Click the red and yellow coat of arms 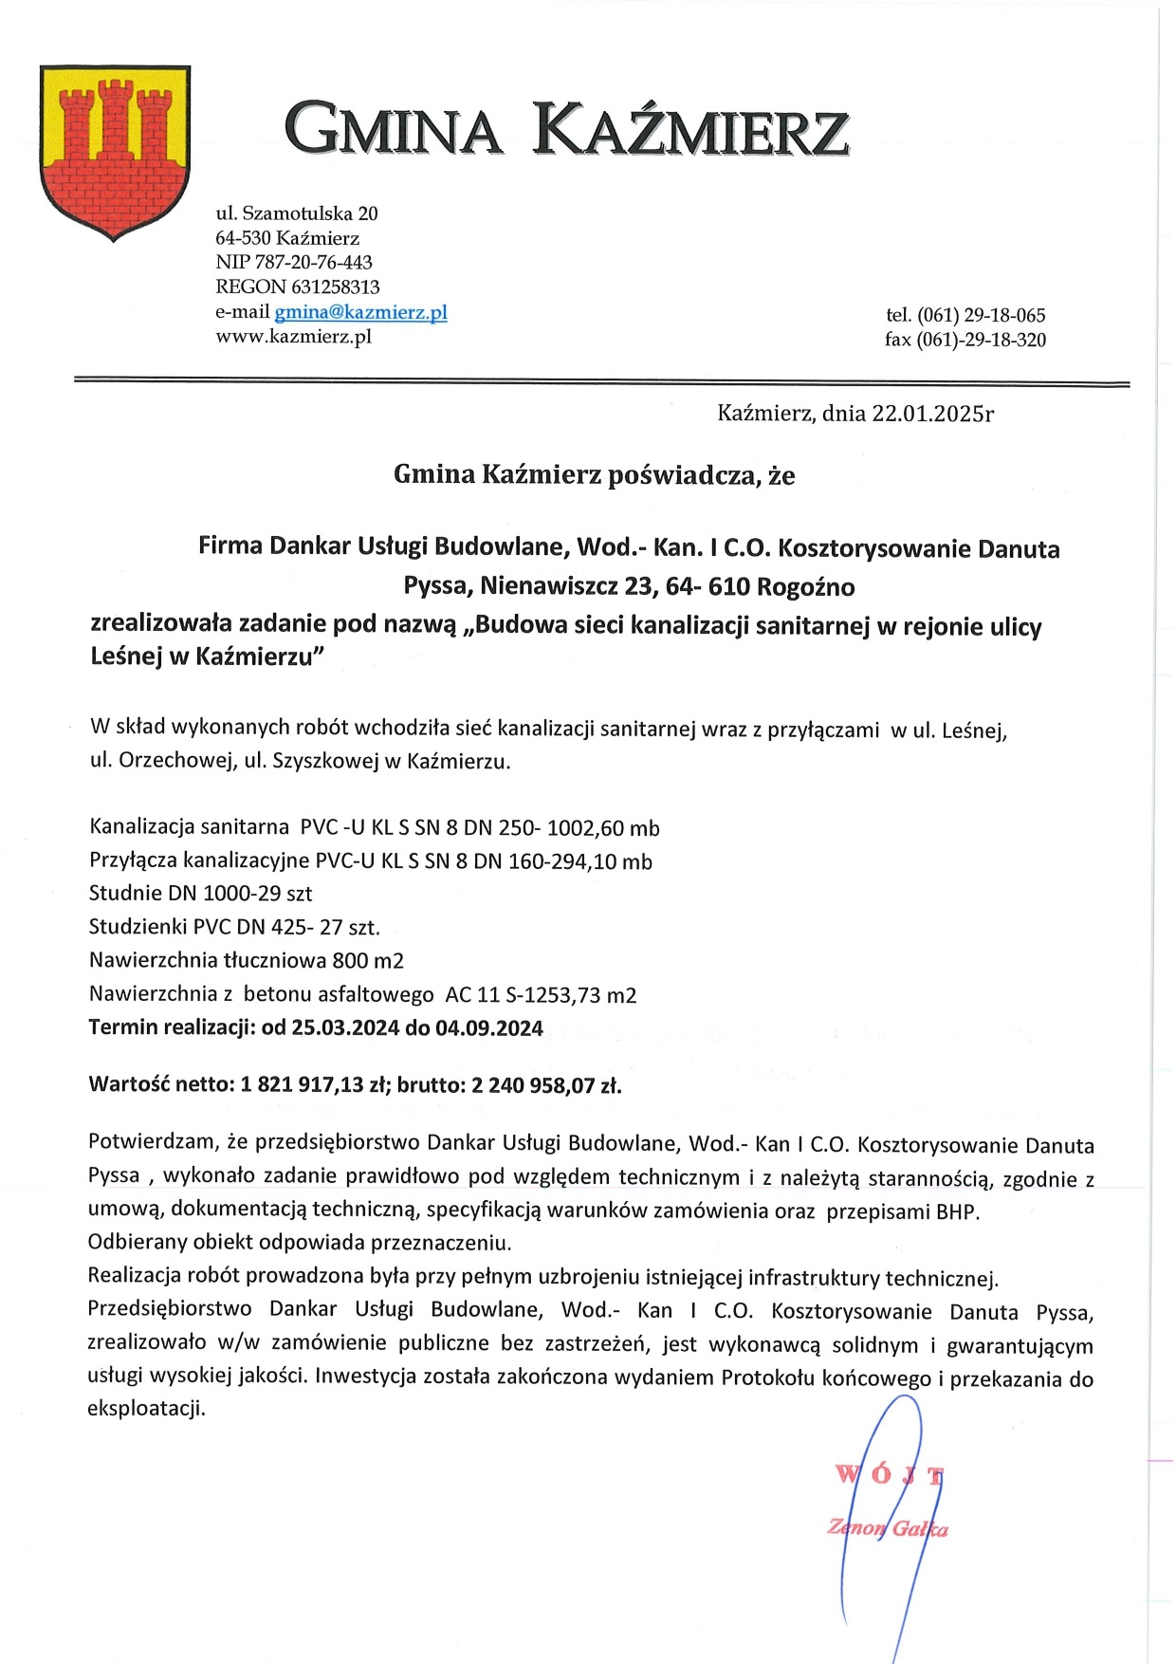(x=115, y=152)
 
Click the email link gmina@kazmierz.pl (x=360, y=312)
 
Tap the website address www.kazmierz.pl (x=293, y=337)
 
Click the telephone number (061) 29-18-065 (x=981, y=315)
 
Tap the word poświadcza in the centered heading (x=684, y=474)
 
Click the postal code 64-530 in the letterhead (x=243, y=238)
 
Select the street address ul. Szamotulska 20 (x=297, y=213)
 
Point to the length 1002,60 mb (x=603, y=828)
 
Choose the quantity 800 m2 (x=368, y=961)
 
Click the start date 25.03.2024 (x=345, y=1028)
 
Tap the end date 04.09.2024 (x=489, y=1028)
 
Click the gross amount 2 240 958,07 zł (x=546, y=1085)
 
